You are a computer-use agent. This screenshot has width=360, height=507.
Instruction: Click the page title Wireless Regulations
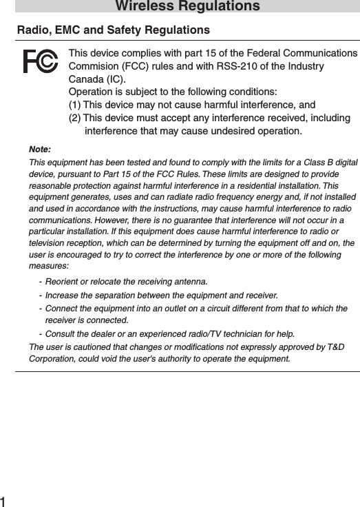click(187, 7)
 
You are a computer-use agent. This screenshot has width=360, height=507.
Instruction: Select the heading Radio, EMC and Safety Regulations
click(114, 30)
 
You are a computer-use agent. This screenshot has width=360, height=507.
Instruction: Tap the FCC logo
click(40, 61)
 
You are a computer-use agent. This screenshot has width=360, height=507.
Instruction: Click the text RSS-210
click(240, 66)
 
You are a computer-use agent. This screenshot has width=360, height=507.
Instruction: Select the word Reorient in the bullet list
click(62, 282)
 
